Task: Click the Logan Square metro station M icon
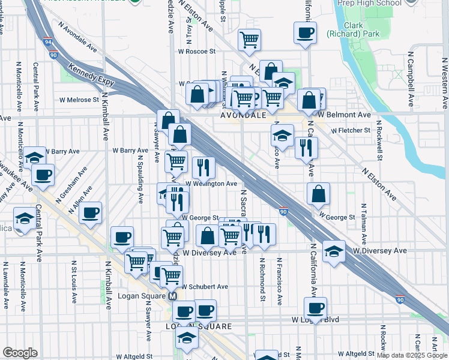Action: (x=172, y=296)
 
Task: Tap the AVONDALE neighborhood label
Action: (x=243, y=114)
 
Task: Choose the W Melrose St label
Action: (x=79, y=100)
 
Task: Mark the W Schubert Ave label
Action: (x=205, y=287)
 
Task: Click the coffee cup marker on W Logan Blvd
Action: (x=315, y=308)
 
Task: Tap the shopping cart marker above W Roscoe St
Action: (x=249, y=40)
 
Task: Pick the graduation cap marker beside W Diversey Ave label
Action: (x=334, y=251)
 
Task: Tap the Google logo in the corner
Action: (x=20, y=353)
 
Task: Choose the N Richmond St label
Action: (x=262, y=280)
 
